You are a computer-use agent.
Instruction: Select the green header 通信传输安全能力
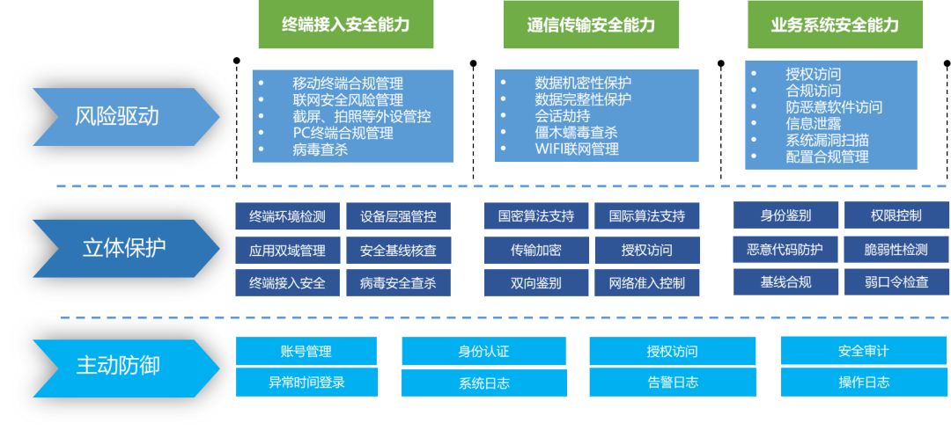tap(591, 26)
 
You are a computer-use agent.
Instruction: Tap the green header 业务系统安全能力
tap(836, 26)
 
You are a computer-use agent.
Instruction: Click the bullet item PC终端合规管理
tap(343, 133)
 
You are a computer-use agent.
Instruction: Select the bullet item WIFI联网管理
tap(577, 149)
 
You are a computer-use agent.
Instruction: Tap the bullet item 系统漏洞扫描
tap(827, 141)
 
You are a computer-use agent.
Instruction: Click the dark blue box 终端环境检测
tap(287, 216)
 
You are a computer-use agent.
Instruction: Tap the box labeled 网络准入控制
tap(646, 283)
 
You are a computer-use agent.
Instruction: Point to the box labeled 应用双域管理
tap(287, 251)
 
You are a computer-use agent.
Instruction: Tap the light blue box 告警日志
tap(672, 383)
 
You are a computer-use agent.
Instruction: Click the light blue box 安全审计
tap(863, 351)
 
